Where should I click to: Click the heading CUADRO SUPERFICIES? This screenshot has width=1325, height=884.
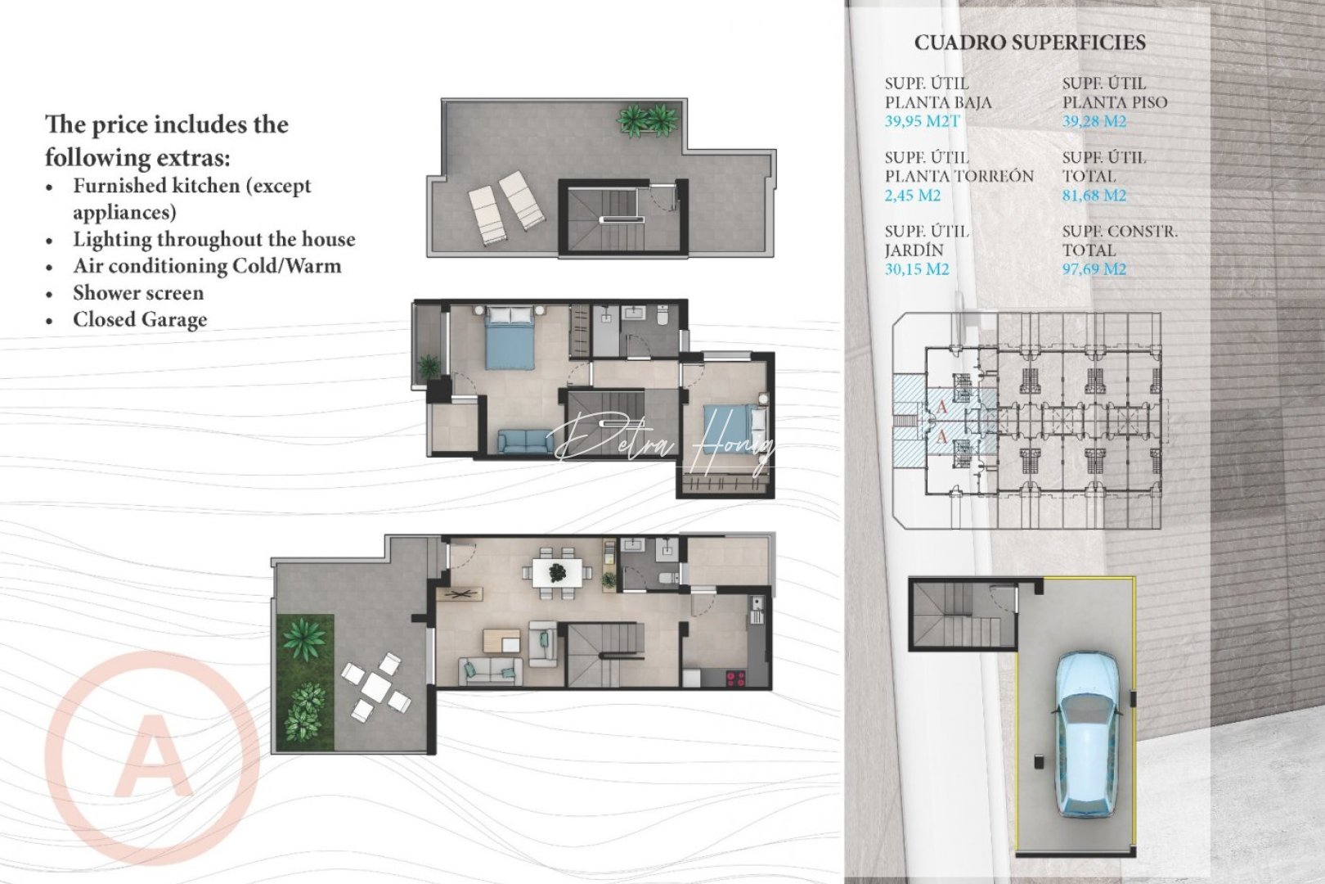tap(1029, 43)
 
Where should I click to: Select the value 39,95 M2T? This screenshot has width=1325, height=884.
tap(922, 121)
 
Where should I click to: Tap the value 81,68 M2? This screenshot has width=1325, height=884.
tap(1094, 196)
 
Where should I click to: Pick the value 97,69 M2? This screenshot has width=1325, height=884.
tap(1094, 269)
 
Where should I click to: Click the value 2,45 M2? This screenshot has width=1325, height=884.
tap(912, 196)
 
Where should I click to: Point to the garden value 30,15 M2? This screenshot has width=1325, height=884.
tap(916, 269)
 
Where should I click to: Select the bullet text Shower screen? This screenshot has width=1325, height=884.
tap(137, 293)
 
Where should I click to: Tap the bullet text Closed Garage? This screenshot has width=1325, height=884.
tap(139, 320)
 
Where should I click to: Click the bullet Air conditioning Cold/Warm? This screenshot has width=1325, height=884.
tap(206, 266)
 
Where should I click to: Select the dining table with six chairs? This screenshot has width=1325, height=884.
tap(557, 571)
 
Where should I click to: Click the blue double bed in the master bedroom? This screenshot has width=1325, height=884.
tap(509, 337)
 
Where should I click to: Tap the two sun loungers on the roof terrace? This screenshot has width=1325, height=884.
tap(505, 206)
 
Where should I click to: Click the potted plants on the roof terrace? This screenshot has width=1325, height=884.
tap(647, 120)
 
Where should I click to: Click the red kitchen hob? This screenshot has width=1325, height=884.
tap(735, 678)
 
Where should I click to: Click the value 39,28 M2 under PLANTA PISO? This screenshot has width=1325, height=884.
tap(1094, 121)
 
